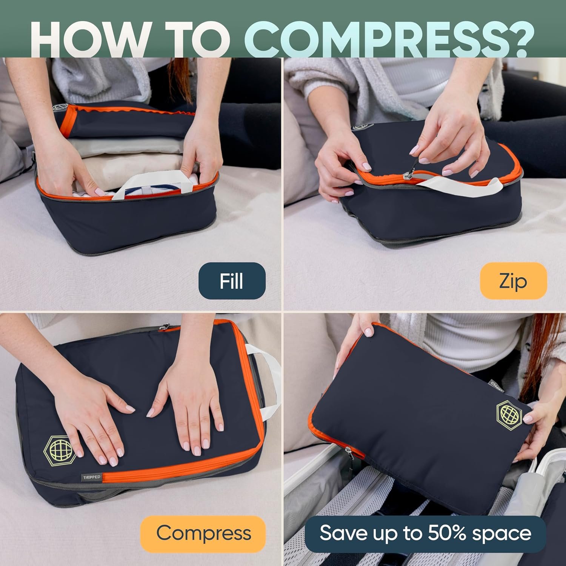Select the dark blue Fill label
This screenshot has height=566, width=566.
(232, 281)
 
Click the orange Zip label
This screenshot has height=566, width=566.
(513, 281)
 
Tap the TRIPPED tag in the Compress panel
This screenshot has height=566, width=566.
(92, 477)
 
